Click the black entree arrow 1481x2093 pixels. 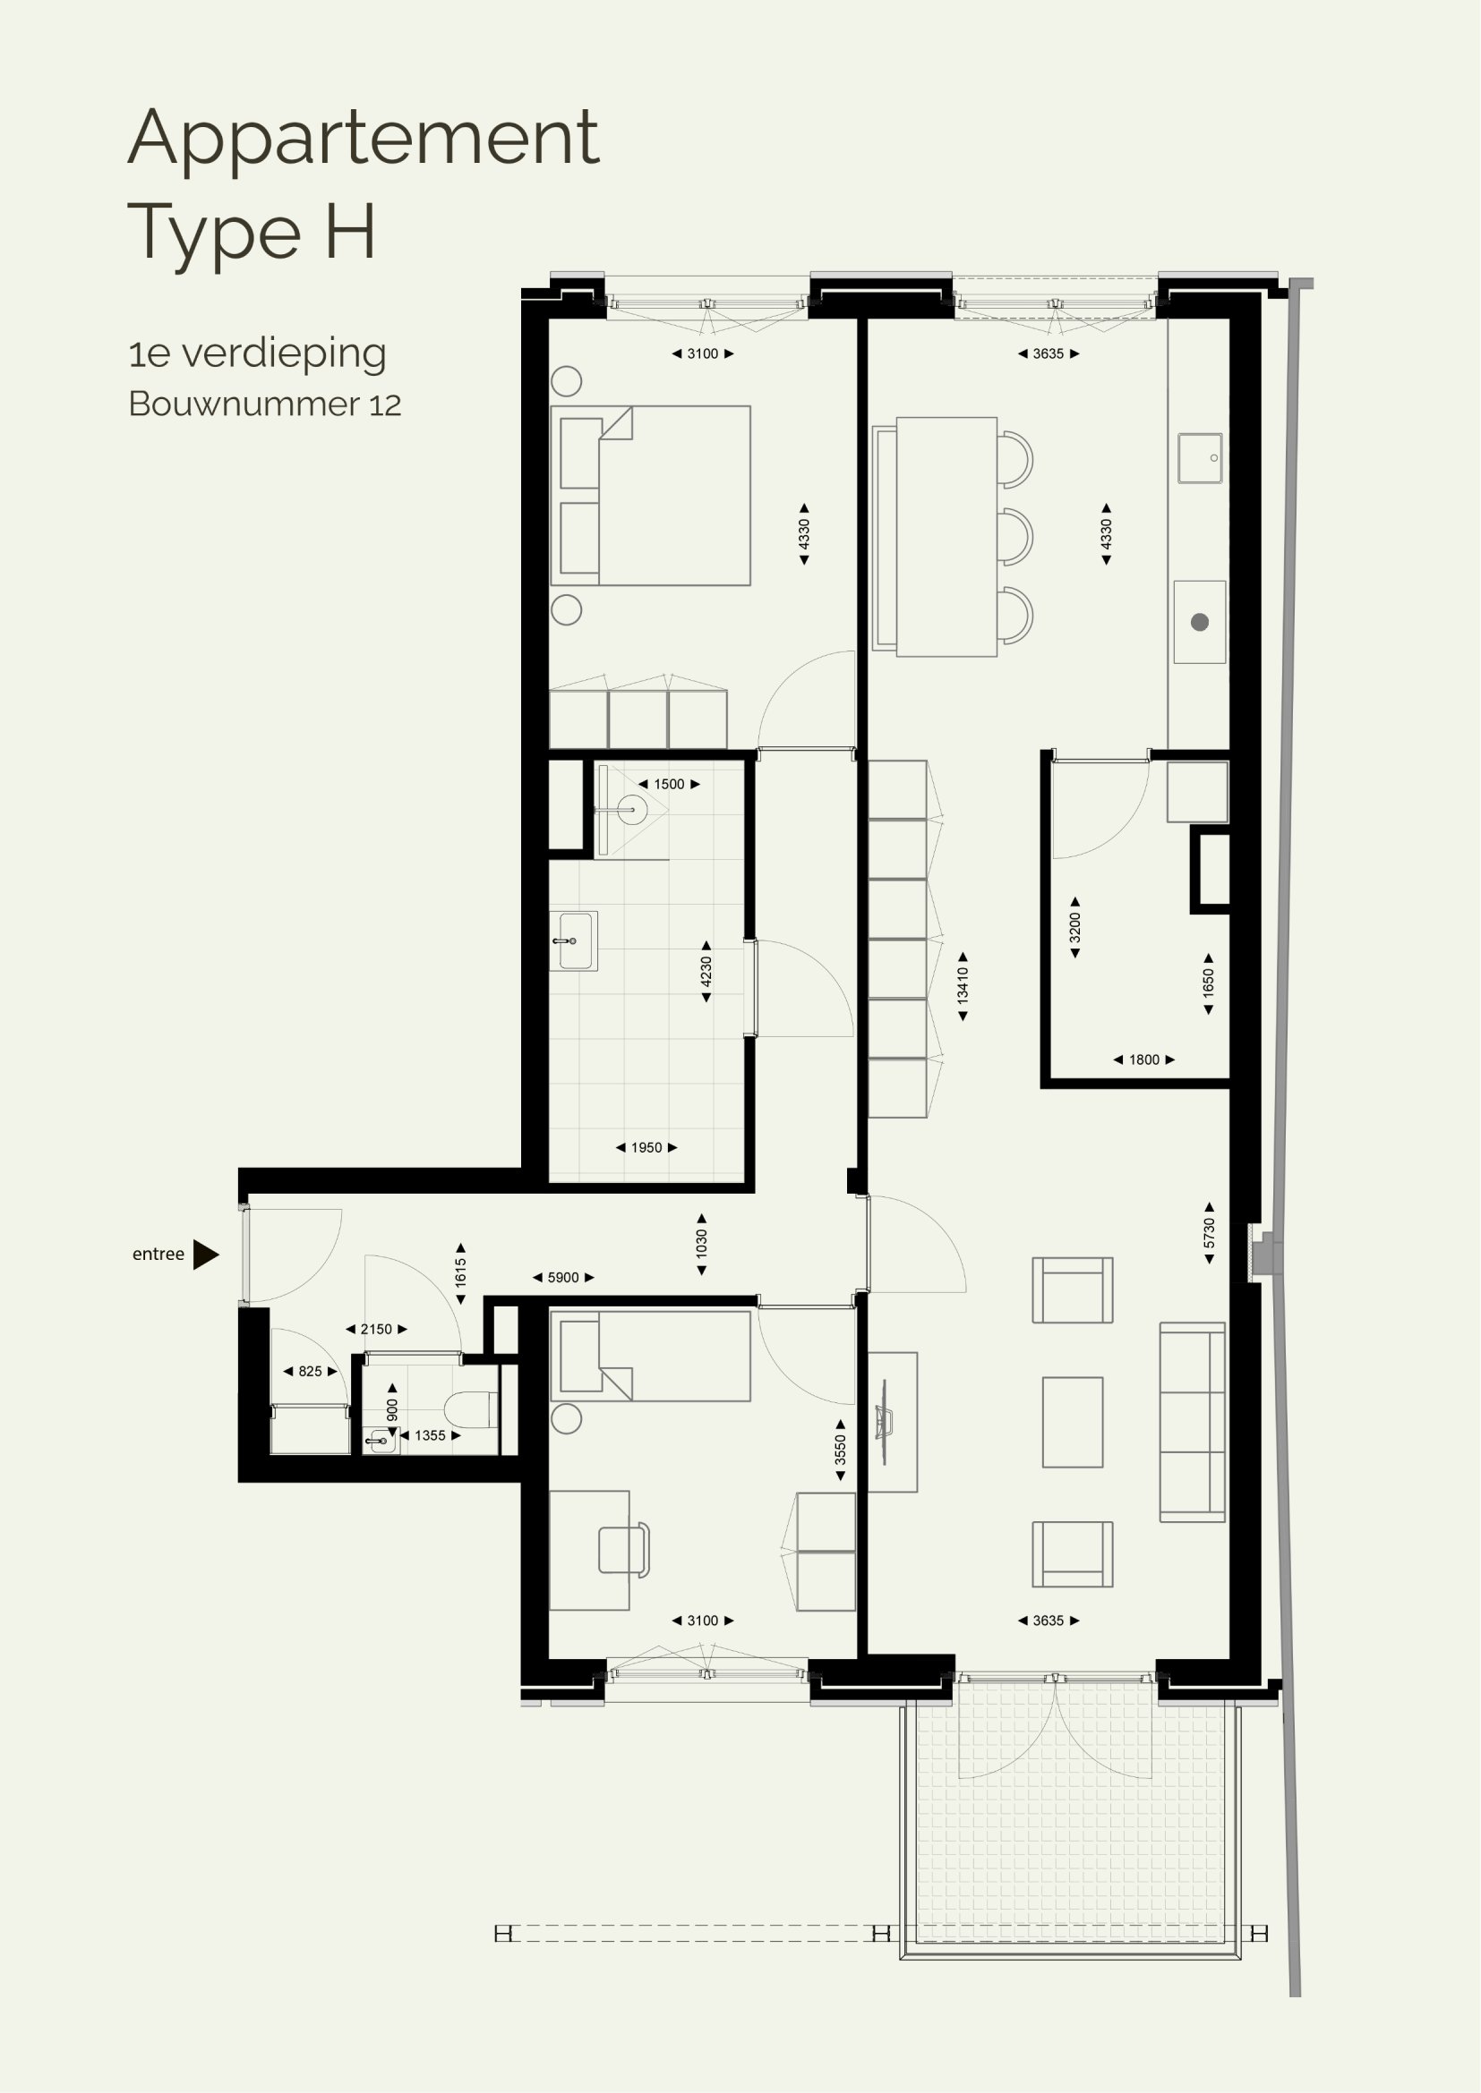click(x=204, y=1255)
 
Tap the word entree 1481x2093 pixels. click(x=158, y=1255)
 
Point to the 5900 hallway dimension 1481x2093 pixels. click(x=562, y=1277)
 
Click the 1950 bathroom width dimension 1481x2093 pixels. click(x=646, y=1148)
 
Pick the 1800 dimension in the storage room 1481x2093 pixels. click(x=1143, y=1059)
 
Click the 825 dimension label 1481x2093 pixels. click(x=310, y=1371)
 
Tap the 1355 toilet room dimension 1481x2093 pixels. click(x=431, y=1434)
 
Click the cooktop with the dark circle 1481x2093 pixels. click(x=1199, y=622)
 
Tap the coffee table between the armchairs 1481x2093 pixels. click(x=1073, y=1422)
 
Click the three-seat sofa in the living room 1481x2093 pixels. click(x=1192, y=1422)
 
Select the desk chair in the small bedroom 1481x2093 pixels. click(x=625, y=1550)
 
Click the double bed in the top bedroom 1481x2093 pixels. click(x=650, y=495)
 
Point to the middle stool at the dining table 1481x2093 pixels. click(x=1015, y=538)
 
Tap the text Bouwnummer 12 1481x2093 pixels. click(x=264, y=404)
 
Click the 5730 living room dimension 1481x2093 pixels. click(x=1209, y=1233)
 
